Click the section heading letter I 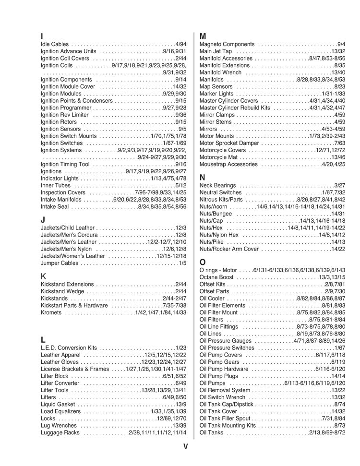(42, 36)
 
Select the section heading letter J (43, 220)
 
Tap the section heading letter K (43, 276)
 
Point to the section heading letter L (43, 339)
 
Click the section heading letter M (203, 36)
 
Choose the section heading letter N (203, 178)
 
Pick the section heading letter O (203, 262)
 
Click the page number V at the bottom (185, 447)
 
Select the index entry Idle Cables (55, 44)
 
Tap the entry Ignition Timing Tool (65, 164)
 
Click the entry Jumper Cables (59, 263)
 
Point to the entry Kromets (51, 312)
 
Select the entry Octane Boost (216, 277)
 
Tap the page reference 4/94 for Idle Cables (180, 44)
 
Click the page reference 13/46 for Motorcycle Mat (338, 157)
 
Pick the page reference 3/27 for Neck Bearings (340, 185)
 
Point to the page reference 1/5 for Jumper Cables (182, 263)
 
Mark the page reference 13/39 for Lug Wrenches (179, 426)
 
